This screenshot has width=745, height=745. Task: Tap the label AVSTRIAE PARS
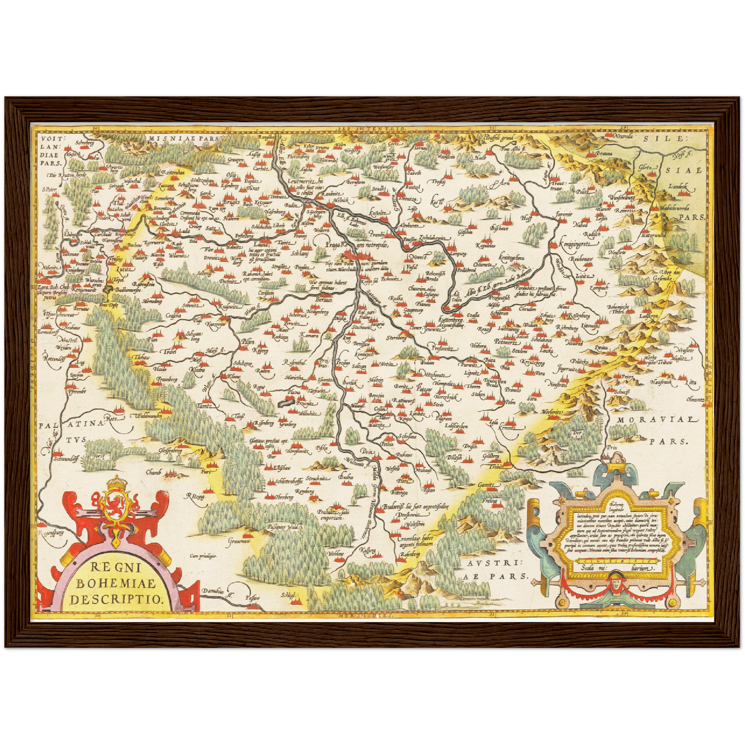[x=491, y=569]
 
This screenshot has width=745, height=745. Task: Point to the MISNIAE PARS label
[x=177, y=138]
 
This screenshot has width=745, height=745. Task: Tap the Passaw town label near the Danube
[x=253, y=598]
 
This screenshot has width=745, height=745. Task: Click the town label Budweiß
[x=393, y=507]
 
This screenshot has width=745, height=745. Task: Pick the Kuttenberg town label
[x=451, y=320]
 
